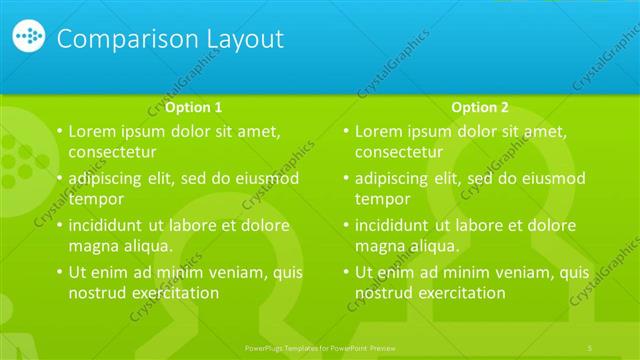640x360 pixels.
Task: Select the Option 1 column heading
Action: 194,107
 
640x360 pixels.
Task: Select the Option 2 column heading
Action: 480,107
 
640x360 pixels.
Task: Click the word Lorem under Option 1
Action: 95,131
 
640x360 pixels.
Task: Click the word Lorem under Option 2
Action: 381,131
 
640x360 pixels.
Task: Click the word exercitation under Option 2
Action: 455,293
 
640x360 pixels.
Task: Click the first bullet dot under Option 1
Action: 59,132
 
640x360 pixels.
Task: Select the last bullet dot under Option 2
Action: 345,273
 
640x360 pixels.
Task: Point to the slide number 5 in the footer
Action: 590,347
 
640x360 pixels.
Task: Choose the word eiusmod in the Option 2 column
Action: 549,179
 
